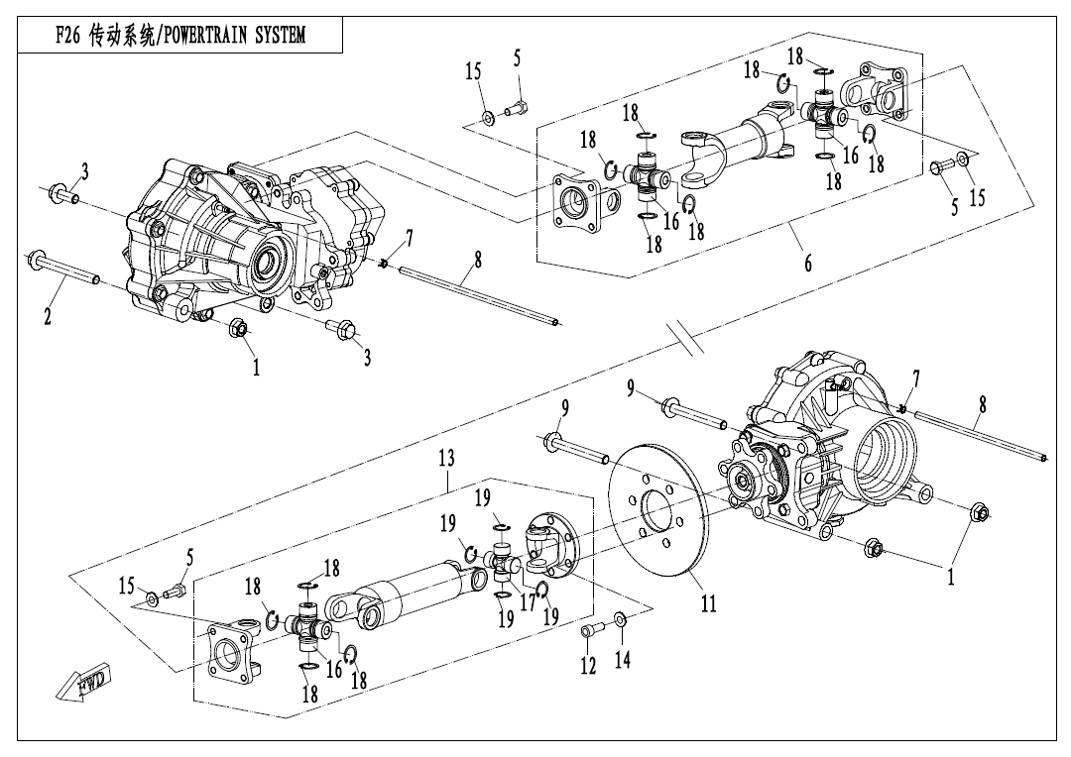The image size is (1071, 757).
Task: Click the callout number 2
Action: click(48, 316)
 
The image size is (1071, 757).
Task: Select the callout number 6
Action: click(808, 263)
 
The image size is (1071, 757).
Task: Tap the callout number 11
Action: click(709, 602)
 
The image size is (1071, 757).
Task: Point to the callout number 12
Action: click(588, 666)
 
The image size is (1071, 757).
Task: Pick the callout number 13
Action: click(446, 458)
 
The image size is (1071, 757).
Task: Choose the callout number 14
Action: click(622, 659)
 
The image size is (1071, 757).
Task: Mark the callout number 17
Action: click(528, 601)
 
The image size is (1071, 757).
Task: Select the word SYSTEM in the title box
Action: click(280, 35)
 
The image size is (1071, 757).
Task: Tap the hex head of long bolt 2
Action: click(37, 260)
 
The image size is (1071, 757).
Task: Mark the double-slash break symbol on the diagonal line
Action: click(686, 337)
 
